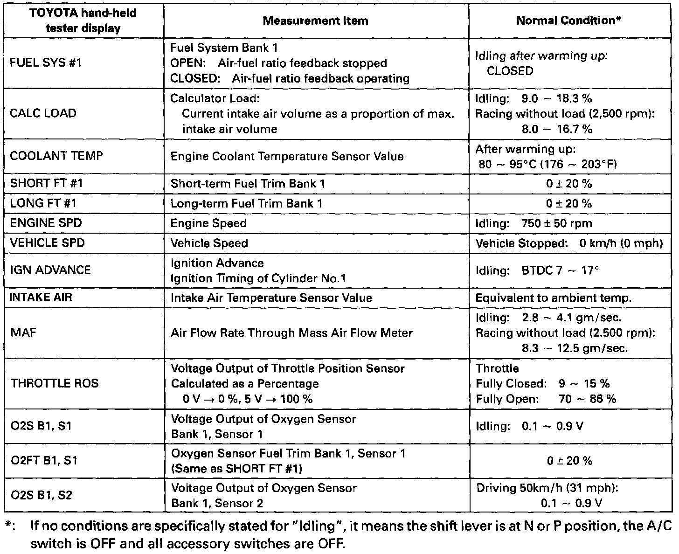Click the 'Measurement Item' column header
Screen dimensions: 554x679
pyautogui.click(x=315, y=21)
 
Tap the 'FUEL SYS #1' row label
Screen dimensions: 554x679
pyautogui.click(x=46, y=62)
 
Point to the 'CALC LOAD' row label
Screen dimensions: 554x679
pyautogui.click(x=43, y=113)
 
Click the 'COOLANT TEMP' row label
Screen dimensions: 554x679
pyautogui.click(x=56, y=156)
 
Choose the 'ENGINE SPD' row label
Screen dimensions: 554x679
pyautogui.click(x=46, y=223)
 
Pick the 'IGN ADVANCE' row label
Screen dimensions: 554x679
pyautogui.click(x=50, y=270)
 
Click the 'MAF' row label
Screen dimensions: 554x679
pyautogui.click(x=23, y=332)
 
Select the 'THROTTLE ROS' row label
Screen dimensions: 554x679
pyautogui.click(x=55, y=383)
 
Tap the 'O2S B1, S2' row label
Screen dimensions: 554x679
pyautogui.click(x=41, y=495)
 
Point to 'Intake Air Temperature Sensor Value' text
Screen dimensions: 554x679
pyautogui.click(x=271, y=298)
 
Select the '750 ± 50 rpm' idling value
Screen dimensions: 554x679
pyautogui.click(x=557, y=223)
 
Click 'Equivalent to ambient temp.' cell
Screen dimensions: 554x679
pyautogui.click(x=553, y=298)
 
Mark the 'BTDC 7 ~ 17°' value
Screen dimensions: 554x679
pyautogui.click(x=560, y=270)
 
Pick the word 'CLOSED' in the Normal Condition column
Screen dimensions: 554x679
pyautogui.click(x=510, y=71)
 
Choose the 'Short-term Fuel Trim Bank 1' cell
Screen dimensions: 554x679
pyautogui.click(x=248, y=184)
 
